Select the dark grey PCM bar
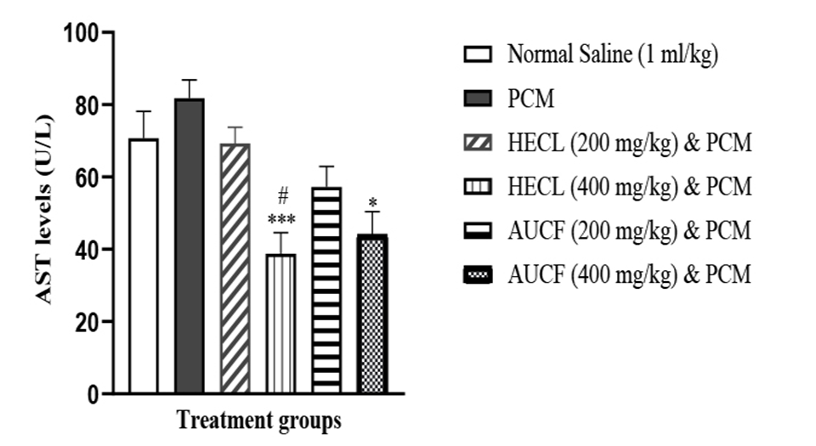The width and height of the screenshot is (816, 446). click(x=190, y=246)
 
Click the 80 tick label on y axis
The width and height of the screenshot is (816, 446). click(x=84, y=105)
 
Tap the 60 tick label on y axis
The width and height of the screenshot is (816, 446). click(x=84, y=178)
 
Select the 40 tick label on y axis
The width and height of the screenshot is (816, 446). click(x=84, y=250)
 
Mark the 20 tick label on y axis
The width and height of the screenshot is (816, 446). click(x=84, y=322)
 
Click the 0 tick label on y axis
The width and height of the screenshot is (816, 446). click(x=91, y=394)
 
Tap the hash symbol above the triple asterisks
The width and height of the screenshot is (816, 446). click(x=282, y=200)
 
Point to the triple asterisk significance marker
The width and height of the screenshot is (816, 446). click(x=281, y=220)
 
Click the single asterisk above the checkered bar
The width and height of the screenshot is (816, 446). click(x=373, y=203)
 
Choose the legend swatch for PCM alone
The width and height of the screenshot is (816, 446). click(x=479, y=99)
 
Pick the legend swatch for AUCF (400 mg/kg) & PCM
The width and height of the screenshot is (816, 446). click(x=479, y=274)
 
